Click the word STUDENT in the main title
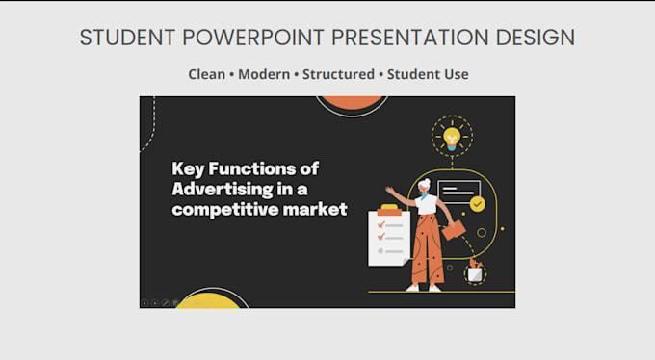click(x=127, y=38)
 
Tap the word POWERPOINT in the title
click(x=253, y=38)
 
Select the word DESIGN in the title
click(x=536, y=38)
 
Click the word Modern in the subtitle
click(x=264, y=74)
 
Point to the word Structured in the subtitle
click(x=338, y=74)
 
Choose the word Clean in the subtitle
click(x=206, y=74)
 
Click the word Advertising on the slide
click(x=222, y=190)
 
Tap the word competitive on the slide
click(x=224, y=209)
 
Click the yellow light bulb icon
click(x=452, y=138)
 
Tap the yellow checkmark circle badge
click(x=478, y=204)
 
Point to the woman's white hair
click(x=424, y=184)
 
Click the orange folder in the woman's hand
click(x=454, y=230)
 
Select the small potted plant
click(x=475, y=271)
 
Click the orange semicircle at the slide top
click(x=352, y=103)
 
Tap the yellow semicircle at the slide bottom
click(x=208, y=301)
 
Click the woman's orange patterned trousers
click(x=428, y=249)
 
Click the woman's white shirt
click(x=426, y=204)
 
